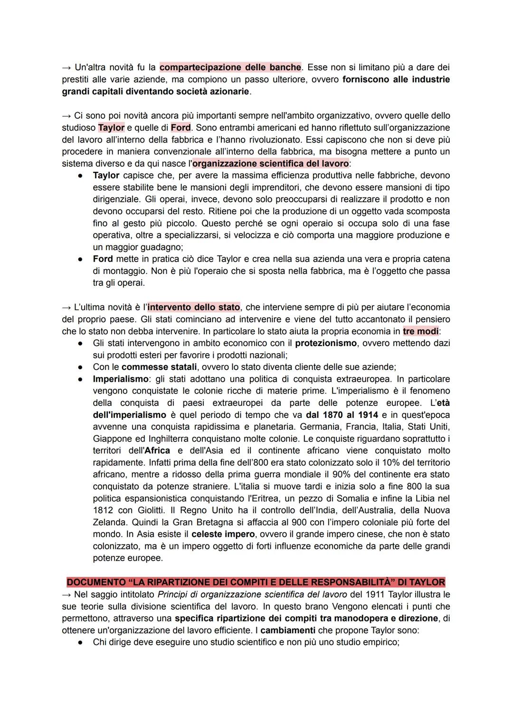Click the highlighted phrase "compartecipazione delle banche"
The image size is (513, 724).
[x=230, y=67]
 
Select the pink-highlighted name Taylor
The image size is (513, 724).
[x=111, y=128]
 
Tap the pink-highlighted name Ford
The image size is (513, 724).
[x=180, y=128]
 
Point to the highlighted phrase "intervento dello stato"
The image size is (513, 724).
[x=194, y=307]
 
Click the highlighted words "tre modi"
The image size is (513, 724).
[x=421, y=331]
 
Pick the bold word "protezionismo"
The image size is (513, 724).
[x=325, y=343]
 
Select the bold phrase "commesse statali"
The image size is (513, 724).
[x=159, y=367]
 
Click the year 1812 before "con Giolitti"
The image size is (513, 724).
[x=103, y=510]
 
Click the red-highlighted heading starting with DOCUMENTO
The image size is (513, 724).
[x=256, y=582]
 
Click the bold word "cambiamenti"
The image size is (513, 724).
[x=287, y=630]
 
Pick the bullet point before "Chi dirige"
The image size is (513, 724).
[x=82, y=642]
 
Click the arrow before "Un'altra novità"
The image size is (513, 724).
[x=66, y=67]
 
